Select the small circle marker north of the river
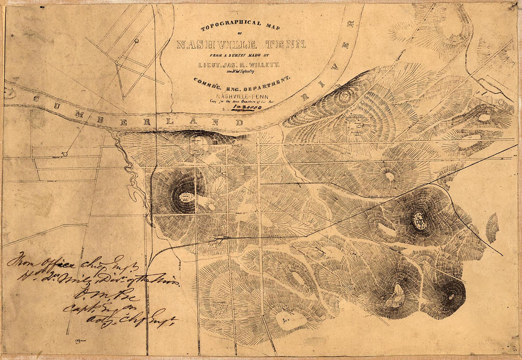pyautogui.click(x=136, y=41)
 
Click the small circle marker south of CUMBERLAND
pyautogui.click(x=65, y=154)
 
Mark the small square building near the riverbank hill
pyautogui.click(x=197, y=144)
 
